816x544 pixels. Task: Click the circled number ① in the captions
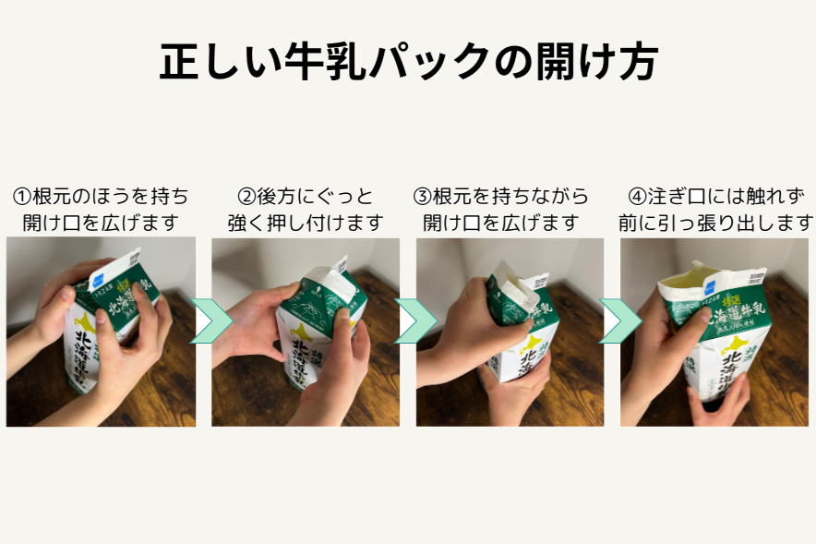21,197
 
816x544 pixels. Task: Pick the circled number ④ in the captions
637,197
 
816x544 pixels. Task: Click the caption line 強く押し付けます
305,223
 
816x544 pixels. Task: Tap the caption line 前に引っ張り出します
716,223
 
